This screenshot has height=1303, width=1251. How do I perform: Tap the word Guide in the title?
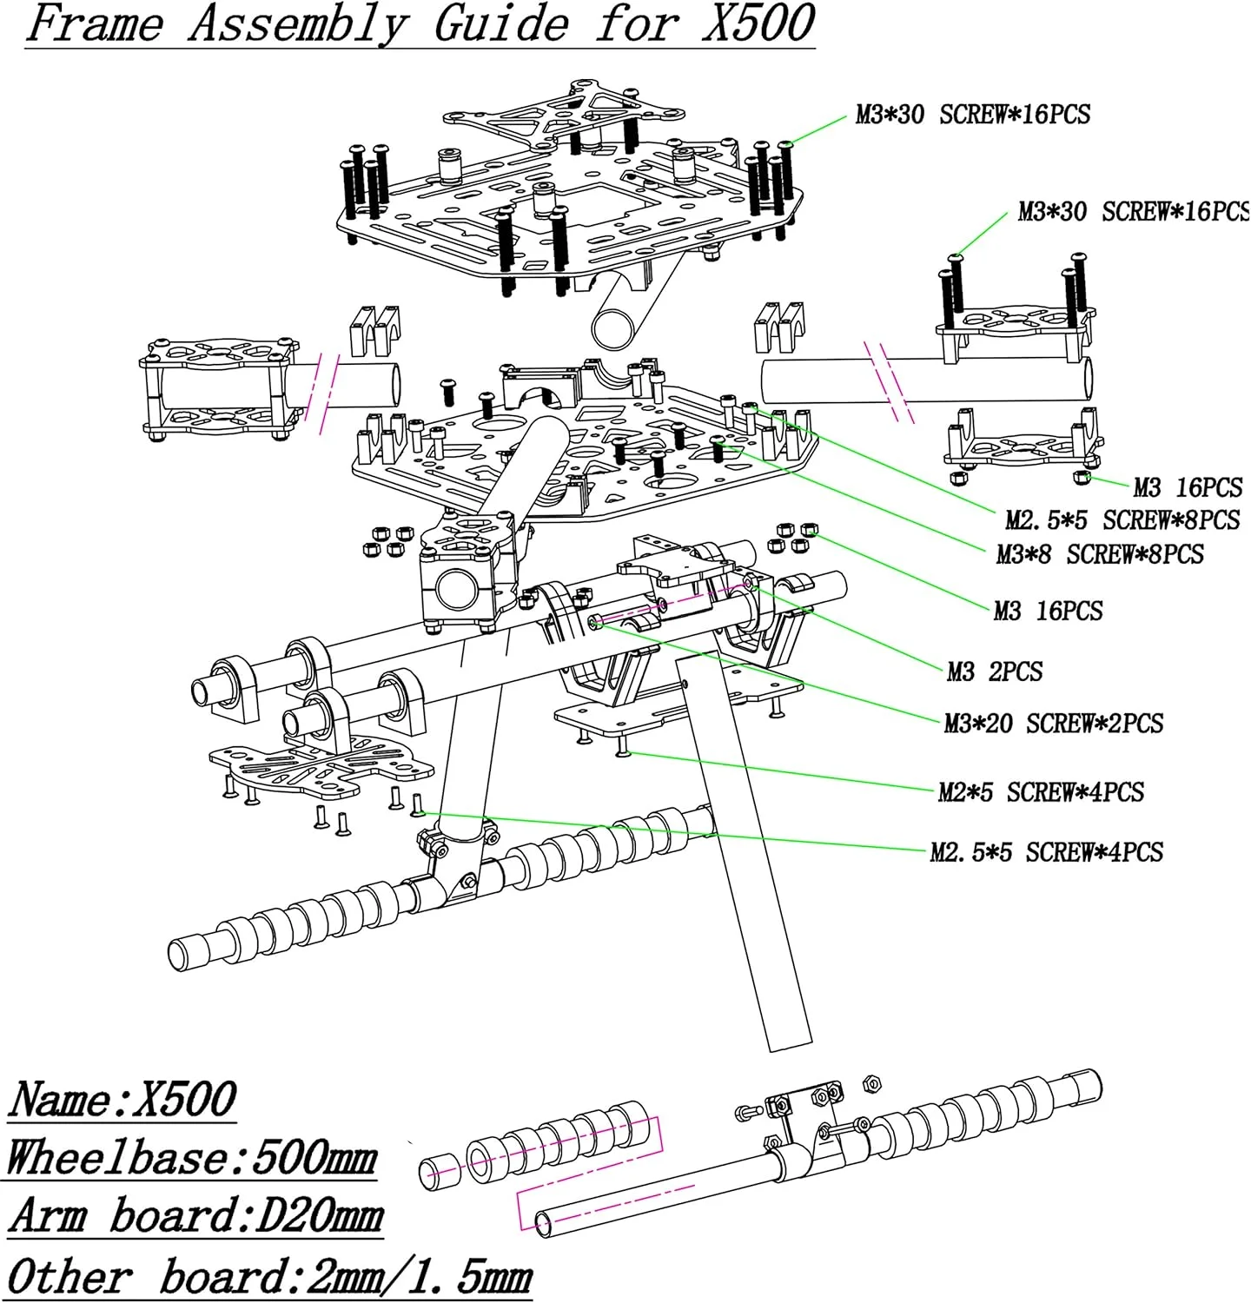coord(501,23)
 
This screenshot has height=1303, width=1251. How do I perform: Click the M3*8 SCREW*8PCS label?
coord(1100,554)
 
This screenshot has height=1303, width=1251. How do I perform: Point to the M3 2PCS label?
coord(995,671)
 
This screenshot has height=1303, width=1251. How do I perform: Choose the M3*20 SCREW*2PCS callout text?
coord(1053,724)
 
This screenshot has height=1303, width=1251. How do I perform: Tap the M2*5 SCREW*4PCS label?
coord(1041,792)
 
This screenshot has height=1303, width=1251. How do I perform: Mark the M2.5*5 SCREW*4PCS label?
coord(1046,852)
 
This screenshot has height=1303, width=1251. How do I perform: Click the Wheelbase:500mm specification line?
coord(191,1159)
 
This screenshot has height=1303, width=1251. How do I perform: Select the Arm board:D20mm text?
coord(195,1215)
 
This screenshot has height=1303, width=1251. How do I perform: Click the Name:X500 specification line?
coord(122,1099)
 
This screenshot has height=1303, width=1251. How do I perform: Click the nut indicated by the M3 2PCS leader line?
coord(750,588)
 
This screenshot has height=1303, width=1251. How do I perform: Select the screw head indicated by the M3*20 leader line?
coord(594,621)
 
